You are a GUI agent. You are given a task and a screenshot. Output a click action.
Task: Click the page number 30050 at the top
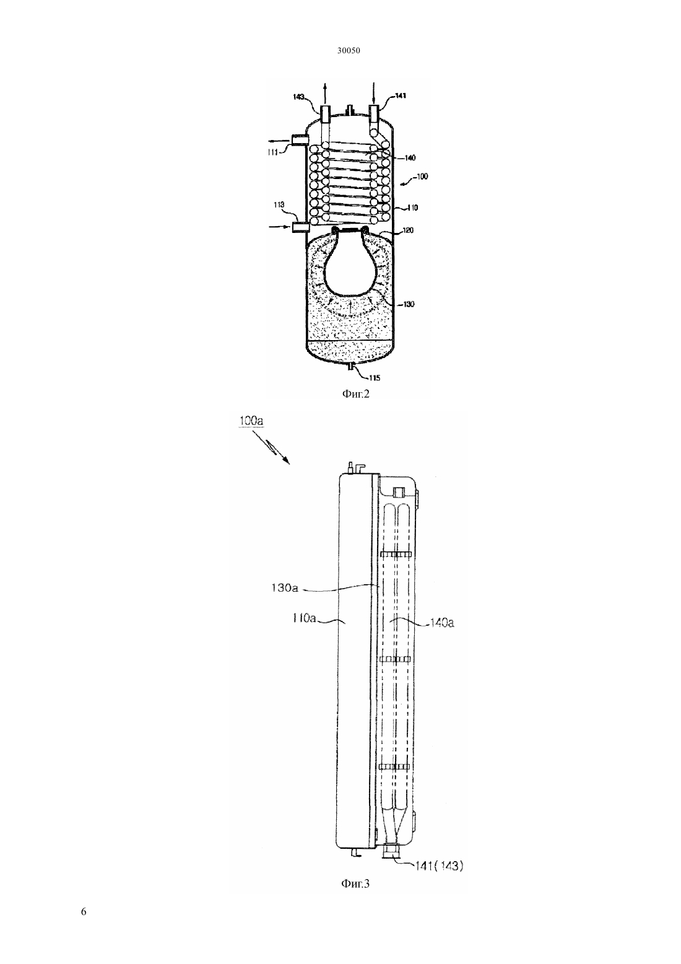(348, 51)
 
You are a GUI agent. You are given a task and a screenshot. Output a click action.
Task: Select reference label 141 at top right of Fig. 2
(401, 95)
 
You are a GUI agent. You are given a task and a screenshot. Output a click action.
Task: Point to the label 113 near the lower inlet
(279, 205)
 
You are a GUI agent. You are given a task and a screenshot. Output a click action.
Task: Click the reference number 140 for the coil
(410, 158)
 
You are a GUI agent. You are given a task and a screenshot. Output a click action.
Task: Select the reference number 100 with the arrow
(422, 177)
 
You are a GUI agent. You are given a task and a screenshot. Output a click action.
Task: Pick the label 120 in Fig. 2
(407, 230)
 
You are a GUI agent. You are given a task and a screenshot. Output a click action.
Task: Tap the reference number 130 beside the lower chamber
(409, 304)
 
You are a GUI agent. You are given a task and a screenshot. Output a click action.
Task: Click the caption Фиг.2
(355, 393)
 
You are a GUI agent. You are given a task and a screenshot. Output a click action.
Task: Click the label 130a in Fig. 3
(284, 587)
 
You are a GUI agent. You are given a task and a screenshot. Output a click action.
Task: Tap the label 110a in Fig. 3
(305, 618)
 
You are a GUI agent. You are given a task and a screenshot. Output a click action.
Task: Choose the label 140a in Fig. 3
(441, 622)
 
